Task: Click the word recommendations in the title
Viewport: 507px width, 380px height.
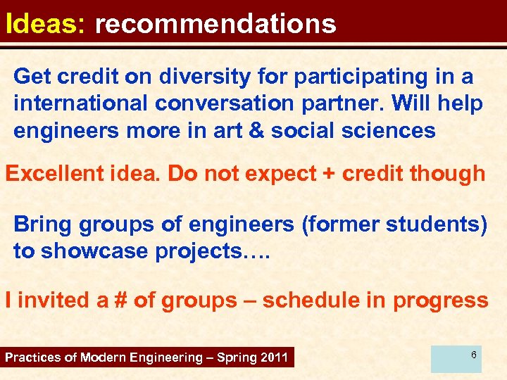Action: pyautogui.click(x=215, y=24)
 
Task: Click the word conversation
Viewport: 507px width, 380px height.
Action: pyautogui.click(x=224, y=103)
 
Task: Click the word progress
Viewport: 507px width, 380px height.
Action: pyautogui.click(x=440, y=300)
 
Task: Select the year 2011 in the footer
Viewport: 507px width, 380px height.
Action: pyautogui.click(x=273, y=357)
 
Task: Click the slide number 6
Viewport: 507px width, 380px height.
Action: pyautogui.click(x=474, y=355)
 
